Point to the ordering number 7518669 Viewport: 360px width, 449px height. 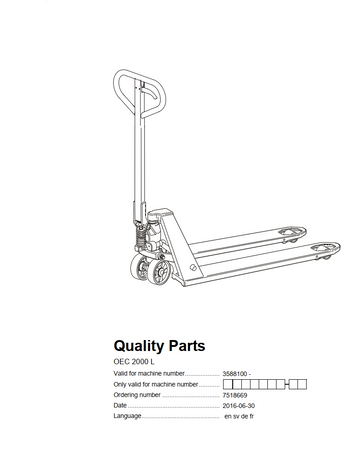[x=235, y=394]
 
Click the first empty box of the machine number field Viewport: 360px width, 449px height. [x=228, y=384]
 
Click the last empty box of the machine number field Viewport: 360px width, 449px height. [x=303, y=384]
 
